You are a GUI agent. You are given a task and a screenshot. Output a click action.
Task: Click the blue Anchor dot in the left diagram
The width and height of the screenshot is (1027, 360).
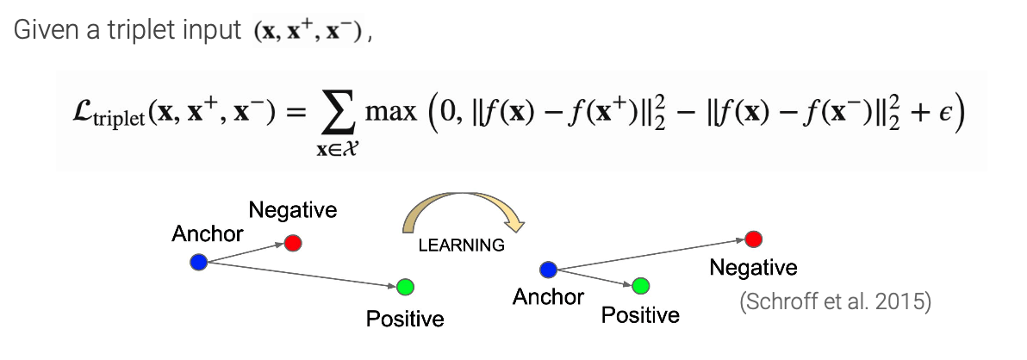pos(199,262)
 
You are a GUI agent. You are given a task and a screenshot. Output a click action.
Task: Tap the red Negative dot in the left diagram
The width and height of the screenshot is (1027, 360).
pos(293,243)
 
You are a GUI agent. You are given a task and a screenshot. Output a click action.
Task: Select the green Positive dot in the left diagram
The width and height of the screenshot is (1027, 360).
pos(406,287)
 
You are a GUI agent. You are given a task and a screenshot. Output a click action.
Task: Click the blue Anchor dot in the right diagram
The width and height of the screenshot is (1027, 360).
pos(547,270)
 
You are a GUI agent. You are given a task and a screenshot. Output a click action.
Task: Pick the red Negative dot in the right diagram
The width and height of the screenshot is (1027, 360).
pos(753,239)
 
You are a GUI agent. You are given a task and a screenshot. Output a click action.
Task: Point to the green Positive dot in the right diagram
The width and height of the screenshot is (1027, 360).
pos(640,285)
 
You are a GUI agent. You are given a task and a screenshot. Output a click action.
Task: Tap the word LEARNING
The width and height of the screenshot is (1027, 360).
pos(461,245)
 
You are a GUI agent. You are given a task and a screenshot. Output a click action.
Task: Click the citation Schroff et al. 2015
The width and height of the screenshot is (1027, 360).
pos(835,304)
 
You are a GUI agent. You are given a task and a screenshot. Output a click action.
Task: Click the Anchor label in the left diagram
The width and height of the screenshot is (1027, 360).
pos(208,233)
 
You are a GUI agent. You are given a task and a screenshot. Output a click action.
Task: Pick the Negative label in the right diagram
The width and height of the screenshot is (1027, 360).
pos(753,268)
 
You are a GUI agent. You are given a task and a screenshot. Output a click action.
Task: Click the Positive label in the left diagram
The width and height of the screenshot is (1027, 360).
pos(405,319)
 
